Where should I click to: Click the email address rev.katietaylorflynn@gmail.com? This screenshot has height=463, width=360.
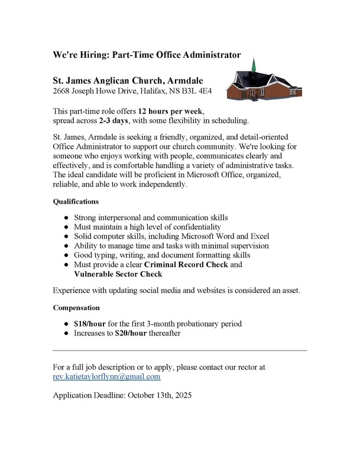[x=107, y=376]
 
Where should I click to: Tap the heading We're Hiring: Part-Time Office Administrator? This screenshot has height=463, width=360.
[x=147, y=55]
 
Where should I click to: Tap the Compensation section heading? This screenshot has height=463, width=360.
[x=77, y=308]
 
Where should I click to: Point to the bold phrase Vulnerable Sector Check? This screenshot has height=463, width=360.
[x=118, y=275]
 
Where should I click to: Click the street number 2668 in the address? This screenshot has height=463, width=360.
[x=62, y=92]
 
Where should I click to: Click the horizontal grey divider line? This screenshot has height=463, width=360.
[x=180, y=351]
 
